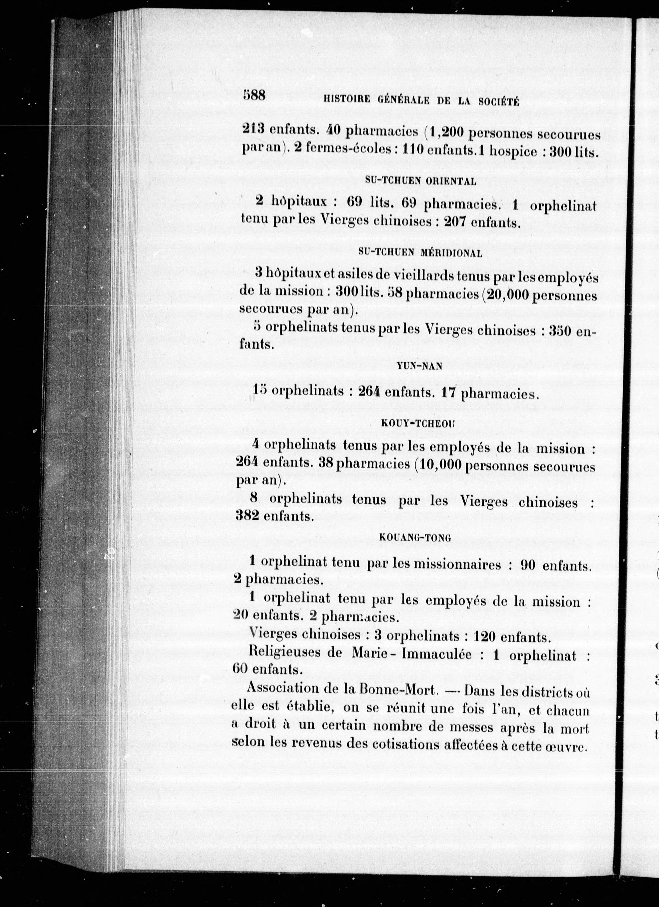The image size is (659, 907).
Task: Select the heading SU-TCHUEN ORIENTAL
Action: [421, 181]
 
